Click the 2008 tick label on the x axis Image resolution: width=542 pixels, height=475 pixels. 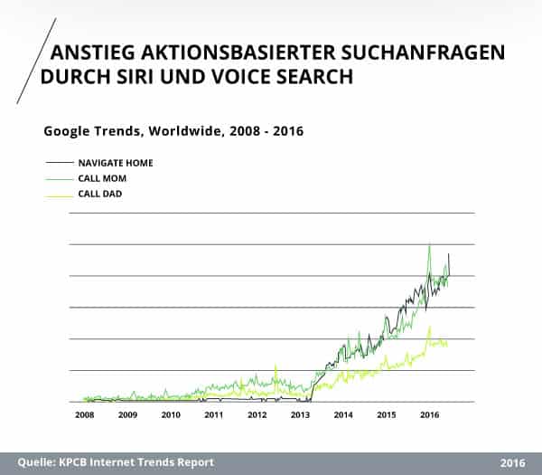pyautogui.click(x=84, y=415)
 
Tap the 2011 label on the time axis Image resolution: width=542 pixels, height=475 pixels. pyautogui.click(x=214, y=415)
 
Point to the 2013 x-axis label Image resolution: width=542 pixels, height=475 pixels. pyautogui.click(x=301, y=415)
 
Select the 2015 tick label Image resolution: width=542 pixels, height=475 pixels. pyautogui.click(x=387, y=415)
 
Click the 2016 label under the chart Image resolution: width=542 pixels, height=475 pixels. pyautogui.click(x=430, y=415)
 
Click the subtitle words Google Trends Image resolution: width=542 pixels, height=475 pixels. pyautogui.click(x=88, y=131)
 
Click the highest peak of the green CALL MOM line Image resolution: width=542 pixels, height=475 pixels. pyautogui.click(x=429, y=245)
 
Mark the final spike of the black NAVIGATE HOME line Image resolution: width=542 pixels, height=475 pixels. pyautogui.click(x=449, y=255)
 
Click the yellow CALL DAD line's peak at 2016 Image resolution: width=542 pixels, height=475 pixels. pyautogui.click(x=429, y=328)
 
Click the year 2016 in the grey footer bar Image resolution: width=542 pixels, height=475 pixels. pyautogui.click(x=512, y=462)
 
